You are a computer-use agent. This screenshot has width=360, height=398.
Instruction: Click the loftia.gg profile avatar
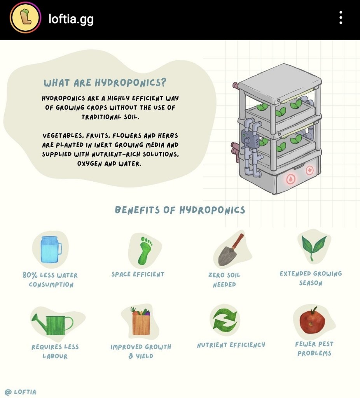(25, 18)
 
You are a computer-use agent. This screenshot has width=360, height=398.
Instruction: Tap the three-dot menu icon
(341, 18)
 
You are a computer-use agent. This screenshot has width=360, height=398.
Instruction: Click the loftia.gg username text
(71, 19)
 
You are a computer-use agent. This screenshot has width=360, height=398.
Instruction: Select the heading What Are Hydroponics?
(105, 82)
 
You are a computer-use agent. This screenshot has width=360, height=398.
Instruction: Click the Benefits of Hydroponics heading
(180, 210)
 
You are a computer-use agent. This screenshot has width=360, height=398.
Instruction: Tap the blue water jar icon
(51, 249)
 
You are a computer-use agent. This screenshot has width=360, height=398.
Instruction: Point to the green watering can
(52, 324)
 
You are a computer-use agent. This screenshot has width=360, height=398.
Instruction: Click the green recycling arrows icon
(225, 320)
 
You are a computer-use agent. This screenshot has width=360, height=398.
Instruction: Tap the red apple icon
(312, 320)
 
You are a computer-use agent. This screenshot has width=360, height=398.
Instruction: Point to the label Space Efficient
(138, 274)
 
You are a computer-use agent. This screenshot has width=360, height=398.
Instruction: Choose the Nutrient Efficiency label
(231, 345)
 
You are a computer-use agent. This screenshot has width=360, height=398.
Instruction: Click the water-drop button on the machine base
(291, 179)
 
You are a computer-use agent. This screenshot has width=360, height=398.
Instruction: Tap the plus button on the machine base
(309, 170)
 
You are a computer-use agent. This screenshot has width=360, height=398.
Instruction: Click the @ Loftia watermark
(20, 392)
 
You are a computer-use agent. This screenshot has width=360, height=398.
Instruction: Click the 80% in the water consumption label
(30, 275)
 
